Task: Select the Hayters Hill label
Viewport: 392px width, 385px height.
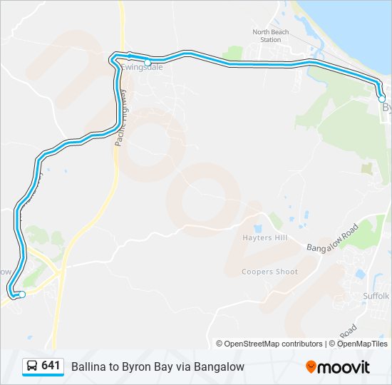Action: click(x=264, y=238)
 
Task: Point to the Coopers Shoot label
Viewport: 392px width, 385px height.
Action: click(x=269, y=272)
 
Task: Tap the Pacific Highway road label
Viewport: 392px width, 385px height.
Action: click(x=120, y=118)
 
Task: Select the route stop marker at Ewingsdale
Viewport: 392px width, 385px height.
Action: click(x=148, y=63)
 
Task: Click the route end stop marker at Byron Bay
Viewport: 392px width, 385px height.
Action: click(x=382, y=98)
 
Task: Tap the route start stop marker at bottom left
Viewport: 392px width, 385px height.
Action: click(x=22, y=294)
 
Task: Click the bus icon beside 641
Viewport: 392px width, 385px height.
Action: click(x=32, y=366)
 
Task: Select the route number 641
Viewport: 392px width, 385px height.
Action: click(x=50, y=366)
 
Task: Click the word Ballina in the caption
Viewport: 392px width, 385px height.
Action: click(x=86, y=366)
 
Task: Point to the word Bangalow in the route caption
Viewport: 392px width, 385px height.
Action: click(x=221, y=366)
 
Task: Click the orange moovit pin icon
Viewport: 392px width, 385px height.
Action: click(x=311, y=367)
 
